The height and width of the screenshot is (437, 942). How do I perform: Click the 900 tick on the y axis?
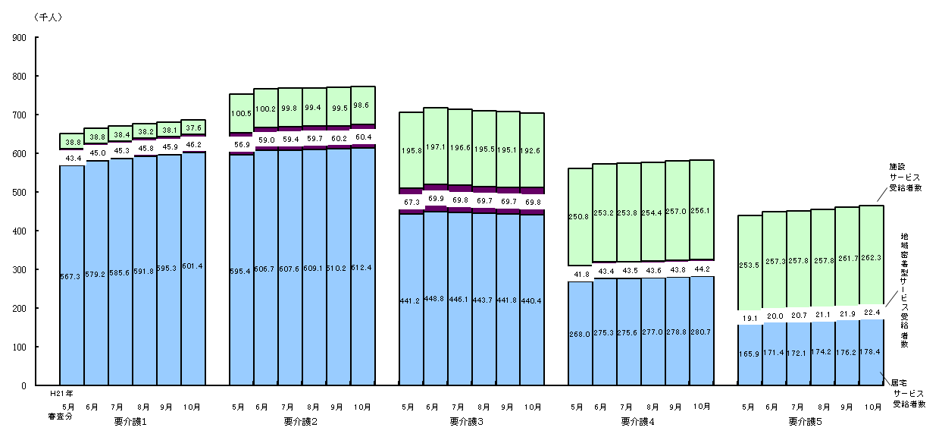20,37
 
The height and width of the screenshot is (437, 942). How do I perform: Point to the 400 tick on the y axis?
20,231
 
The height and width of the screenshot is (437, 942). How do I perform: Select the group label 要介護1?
130,421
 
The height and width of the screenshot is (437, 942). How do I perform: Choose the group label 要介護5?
805,421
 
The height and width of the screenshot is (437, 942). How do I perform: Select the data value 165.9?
750,354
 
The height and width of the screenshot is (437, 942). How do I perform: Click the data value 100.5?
241,114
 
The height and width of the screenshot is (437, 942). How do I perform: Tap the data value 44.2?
702,269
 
